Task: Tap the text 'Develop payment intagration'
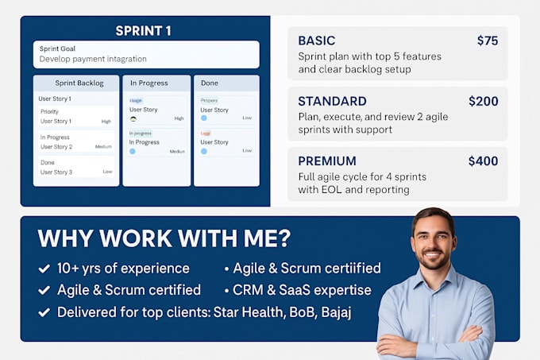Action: tap(93, 59)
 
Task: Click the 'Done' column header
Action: tap(210, 83)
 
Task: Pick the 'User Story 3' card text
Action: tap(56, 172)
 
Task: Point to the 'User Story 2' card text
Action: tap(56, 147)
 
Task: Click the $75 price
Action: tap(487, 41)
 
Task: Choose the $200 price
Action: tap(483, 101)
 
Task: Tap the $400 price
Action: tap(483, 161)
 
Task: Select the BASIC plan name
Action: tap(317, 41)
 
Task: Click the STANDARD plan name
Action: tap(332, 101)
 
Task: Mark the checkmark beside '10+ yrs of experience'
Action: tap(44, 269)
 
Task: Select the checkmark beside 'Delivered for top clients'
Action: tap(44, 312)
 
